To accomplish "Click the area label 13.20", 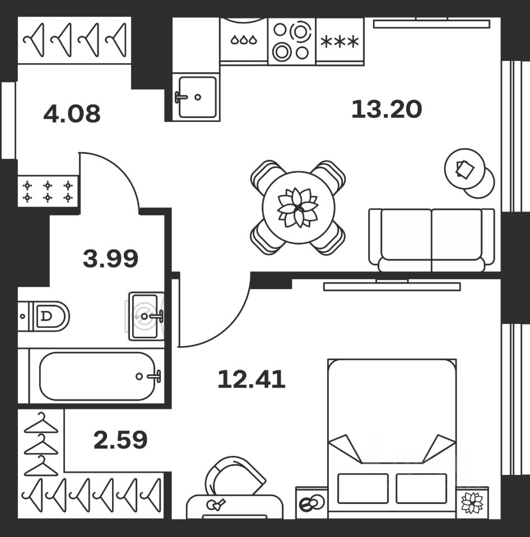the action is (387, 109).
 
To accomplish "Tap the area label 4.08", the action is (72, 114).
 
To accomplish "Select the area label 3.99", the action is (110, 258).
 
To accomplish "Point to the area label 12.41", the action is (252, 379).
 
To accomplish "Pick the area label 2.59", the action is (120, 440).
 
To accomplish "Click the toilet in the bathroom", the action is (44, 315).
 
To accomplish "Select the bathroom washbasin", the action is (146, 316).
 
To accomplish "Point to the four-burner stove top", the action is (291, 41).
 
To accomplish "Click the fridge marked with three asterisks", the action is (340, 41).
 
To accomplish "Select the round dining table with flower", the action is (298, 208).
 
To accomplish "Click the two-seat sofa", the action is (431, 240).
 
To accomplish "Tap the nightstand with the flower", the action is (472, 502).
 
